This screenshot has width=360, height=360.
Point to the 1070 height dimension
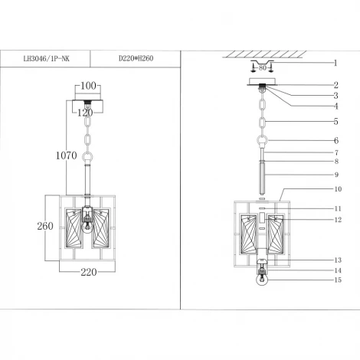(x=67, y=155)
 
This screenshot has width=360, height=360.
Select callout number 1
(x=335, y=63)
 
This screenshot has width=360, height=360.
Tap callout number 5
(x=335, y=122)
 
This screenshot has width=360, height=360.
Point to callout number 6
(x=335, y=140)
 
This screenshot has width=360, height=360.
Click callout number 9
(x=335, y=175)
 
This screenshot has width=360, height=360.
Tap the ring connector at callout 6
(x=263, y=142)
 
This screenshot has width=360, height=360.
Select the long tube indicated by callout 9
(x=263, y=175)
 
